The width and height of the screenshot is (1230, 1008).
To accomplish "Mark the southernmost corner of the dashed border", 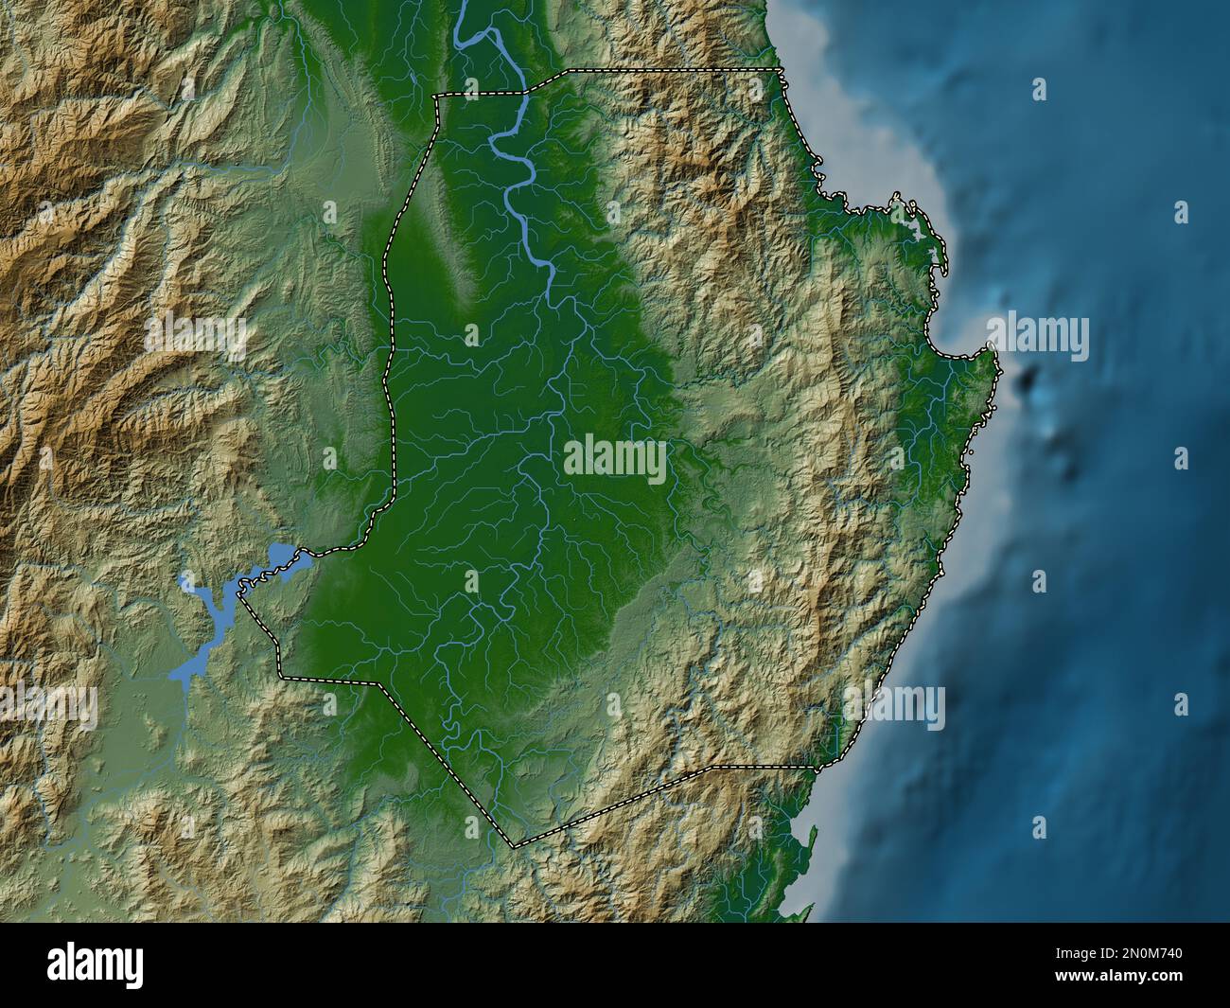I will [514, 845].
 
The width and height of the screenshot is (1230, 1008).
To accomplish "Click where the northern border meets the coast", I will [781, 71].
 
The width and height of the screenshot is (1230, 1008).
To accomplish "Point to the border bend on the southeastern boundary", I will [712, 767].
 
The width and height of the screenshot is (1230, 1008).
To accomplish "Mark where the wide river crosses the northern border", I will [524, 93].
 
